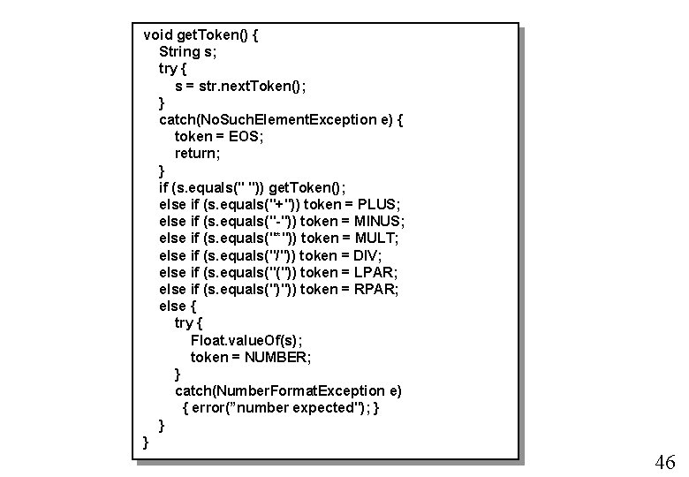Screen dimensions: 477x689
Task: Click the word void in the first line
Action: pyautogui.click(x=159, y=35)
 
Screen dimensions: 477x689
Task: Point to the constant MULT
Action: pyautogui.click(x=375, y=238)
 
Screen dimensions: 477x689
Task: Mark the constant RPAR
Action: pyautogui.click(x=377, y=289)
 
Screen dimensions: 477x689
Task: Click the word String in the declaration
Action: pyautogui.click(x=179, y=52)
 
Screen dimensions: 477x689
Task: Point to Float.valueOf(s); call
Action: pyautogui.click(x=251, y=340)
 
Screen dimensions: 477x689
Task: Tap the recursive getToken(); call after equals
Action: pyautogui.click(x=309, y=187)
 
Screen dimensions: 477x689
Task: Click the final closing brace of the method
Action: pyautogui.click(x=146, y=442)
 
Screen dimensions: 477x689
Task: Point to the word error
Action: pyautogui.click(x=211, y=407)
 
